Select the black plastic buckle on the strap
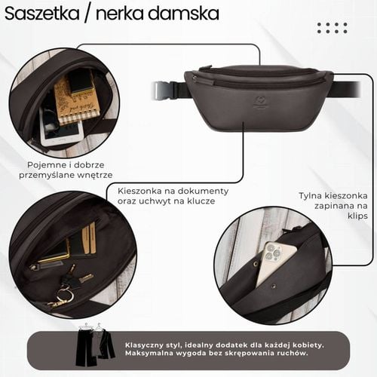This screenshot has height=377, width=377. pos(165,90)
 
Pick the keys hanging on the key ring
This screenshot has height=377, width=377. pos(64,290)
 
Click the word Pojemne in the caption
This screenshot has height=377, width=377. pos(45,163)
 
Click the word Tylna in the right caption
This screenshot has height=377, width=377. pos(311,195)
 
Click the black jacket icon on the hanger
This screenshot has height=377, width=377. pos(106,343)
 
